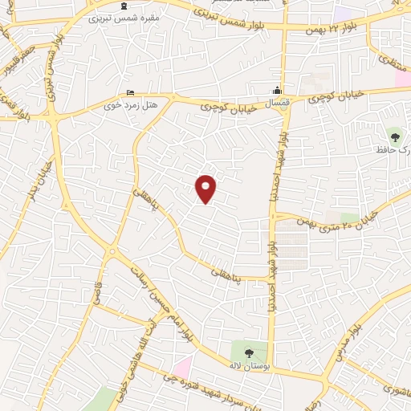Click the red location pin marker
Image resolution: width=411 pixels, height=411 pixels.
click(206, 188)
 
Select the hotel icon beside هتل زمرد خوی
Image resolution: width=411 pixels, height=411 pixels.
click(131, 93)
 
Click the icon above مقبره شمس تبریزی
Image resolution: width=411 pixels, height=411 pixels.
click(135, 5)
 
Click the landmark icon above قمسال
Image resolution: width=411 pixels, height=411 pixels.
click(278, 89)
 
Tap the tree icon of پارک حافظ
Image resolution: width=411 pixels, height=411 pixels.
click(393, 133)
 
